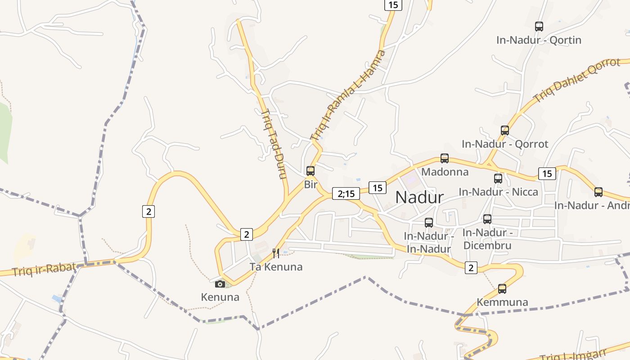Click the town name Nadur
click(419, 197)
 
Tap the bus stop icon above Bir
click(310, 171)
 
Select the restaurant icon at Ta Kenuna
click(276, 253)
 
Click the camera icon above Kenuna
click(220, 284)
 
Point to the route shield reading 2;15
click(346, 193)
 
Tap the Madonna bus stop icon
click(445, 158)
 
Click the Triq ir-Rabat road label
click(44, 269)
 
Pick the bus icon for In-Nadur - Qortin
click(539, 27)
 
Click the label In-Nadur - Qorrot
click(505, 144)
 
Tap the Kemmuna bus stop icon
click(502, 289)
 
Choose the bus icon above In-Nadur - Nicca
click(498, 179)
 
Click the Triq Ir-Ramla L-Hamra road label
click(348, 95)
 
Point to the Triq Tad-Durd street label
click(274, 144)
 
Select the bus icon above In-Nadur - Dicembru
click(487, 219)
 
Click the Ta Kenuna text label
click(276, 267)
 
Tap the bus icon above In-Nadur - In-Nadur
click(429, 222)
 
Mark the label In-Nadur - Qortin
click(539, 40)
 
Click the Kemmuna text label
click(502, 302)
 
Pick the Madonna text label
click(445, 172)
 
